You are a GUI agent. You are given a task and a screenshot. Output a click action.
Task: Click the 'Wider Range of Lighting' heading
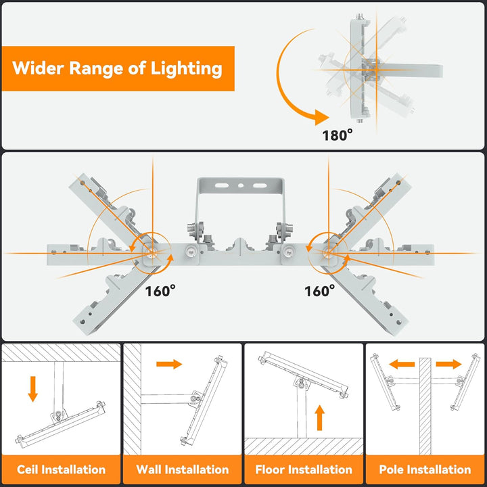tap(117, 68)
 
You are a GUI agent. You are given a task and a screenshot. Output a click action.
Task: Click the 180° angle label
tap(338, 135)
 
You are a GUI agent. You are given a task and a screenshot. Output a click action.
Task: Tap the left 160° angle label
tap(160, 291)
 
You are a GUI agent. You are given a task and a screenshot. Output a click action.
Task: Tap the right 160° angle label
tap(319, 291)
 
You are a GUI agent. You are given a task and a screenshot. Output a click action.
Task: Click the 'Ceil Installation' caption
tap(62, 469)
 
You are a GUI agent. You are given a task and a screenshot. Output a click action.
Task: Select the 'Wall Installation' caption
tap(183, 469)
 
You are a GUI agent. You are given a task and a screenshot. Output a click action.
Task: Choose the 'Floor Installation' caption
tap(304, 469)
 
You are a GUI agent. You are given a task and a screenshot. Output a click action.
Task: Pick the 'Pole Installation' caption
tap(425, 469)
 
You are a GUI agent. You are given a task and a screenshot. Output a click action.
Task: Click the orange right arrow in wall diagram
tap(169, 365)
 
